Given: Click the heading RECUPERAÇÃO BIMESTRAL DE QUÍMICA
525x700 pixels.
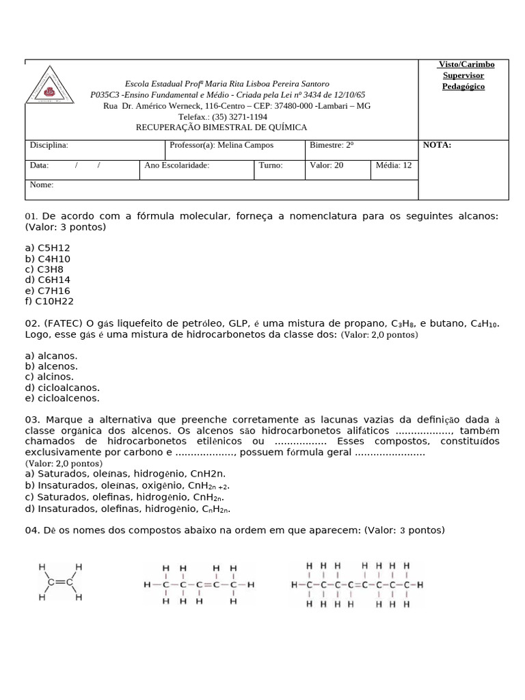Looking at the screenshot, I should (221, 127).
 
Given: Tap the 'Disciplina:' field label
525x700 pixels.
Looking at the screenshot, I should (49, 146).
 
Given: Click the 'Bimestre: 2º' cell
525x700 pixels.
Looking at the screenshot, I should (332, 146).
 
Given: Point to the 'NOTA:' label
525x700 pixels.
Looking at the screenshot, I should (437, 145).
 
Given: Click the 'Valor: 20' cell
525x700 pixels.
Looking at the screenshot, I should (327, 165).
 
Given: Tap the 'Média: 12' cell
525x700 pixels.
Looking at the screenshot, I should (394, 165).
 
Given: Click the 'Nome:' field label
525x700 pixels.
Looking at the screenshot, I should (42, 185).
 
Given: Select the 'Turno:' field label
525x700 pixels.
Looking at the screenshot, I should (271, 165).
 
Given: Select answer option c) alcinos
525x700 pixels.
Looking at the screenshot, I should (49, 377).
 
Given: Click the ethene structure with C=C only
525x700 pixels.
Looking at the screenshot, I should (60, 582).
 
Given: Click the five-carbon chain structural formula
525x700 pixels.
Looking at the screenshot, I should (199, 585).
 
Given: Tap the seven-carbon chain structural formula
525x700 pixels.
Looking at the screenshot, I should (357, 585).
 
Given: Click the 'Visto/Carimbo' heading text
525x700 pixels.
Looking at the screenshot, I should (466, 64).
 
